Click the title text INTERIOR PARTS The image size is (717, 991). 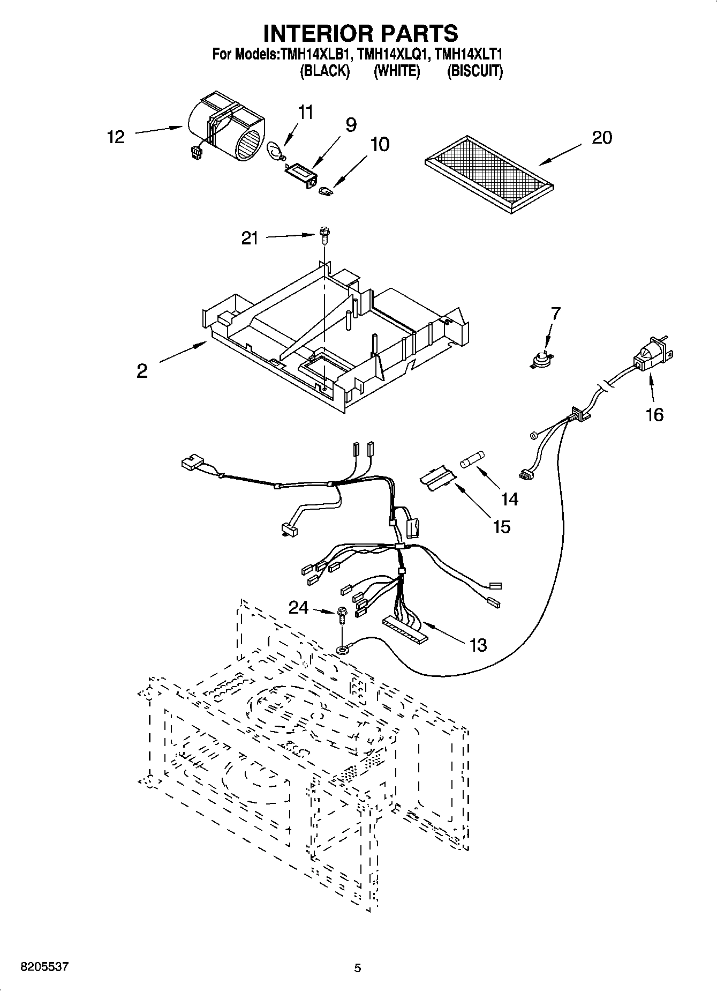360,33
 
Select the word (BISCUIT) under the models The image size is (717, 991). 474,71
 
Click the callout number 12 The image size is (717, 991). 116,137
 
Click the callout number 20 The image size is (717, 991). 602,138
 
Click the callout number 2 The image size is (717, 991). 141,371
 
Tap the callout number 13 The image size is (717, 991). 478,645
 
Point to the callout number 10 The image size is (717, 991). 380,145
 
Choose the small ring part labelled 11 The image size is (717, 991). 275,151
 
